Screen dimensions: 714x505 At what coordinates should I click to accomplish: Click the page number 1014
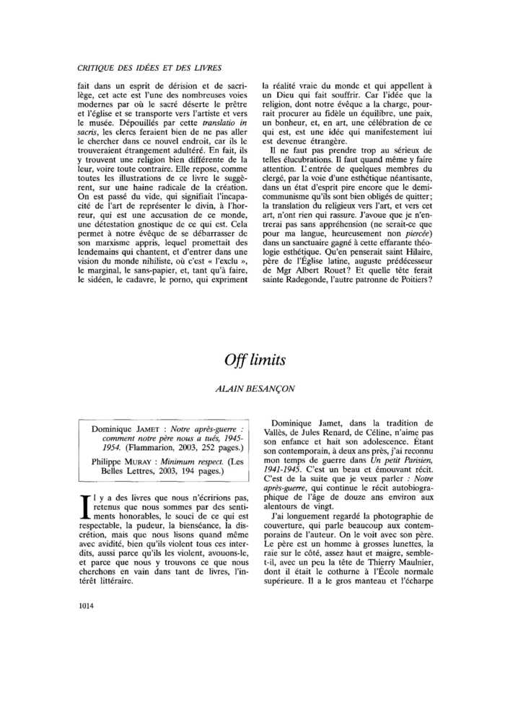pos(85,605)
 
